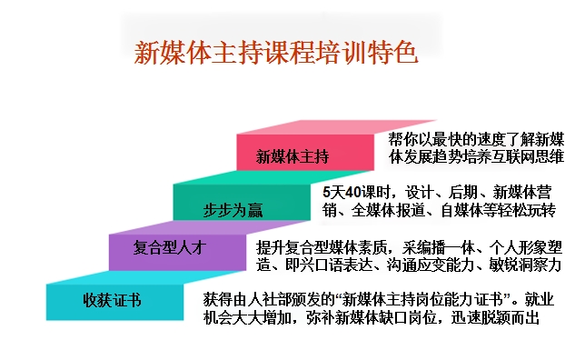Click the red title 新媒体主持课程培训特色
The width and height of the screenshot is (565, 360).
[x=276, y=53]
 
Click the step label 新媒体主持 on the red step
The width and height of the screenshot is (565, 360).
[x=292, y=156]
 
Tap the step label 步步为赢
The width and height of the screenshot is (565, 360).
[x=233, y=210]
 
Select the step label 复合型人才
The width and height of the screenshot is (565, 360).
[x=170, y=247]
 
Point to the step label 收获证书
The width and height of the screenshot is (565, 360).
[x=112, y=300]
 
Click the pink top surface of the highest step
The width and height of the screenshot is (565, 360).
[x=337, y=127]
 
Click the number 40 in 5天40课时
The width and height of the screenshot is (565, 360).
[x=353, y=192]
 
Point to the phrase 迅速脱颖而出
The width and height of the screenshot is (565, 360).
[x=495, y=317]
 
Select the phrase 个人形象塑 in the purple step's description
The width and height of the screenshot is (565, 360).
[x=525, y=247]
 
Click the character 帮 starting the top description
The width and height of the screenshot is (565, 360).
[x=396, y=139]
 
